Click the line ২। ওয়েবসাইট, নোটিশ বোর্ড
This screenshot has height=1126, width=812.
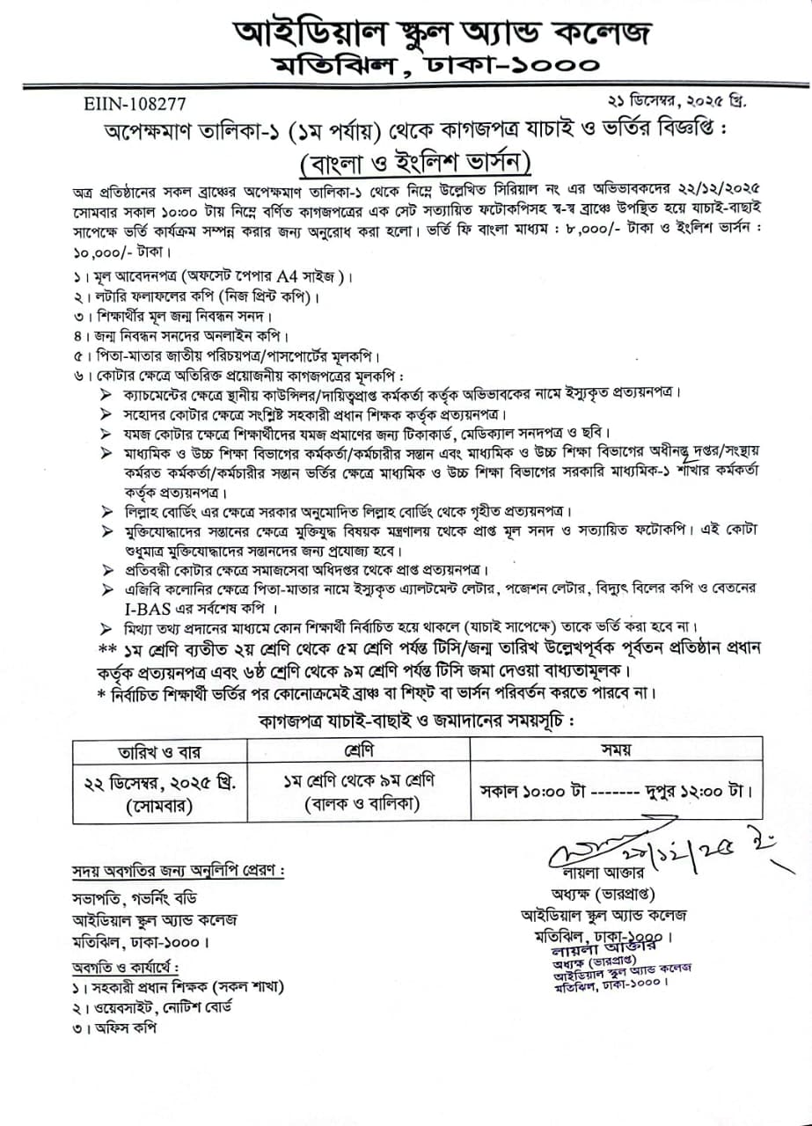(x=151, y=1008)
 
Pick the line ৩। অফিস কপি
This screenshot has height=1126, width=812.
(x=112, y=1028)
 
